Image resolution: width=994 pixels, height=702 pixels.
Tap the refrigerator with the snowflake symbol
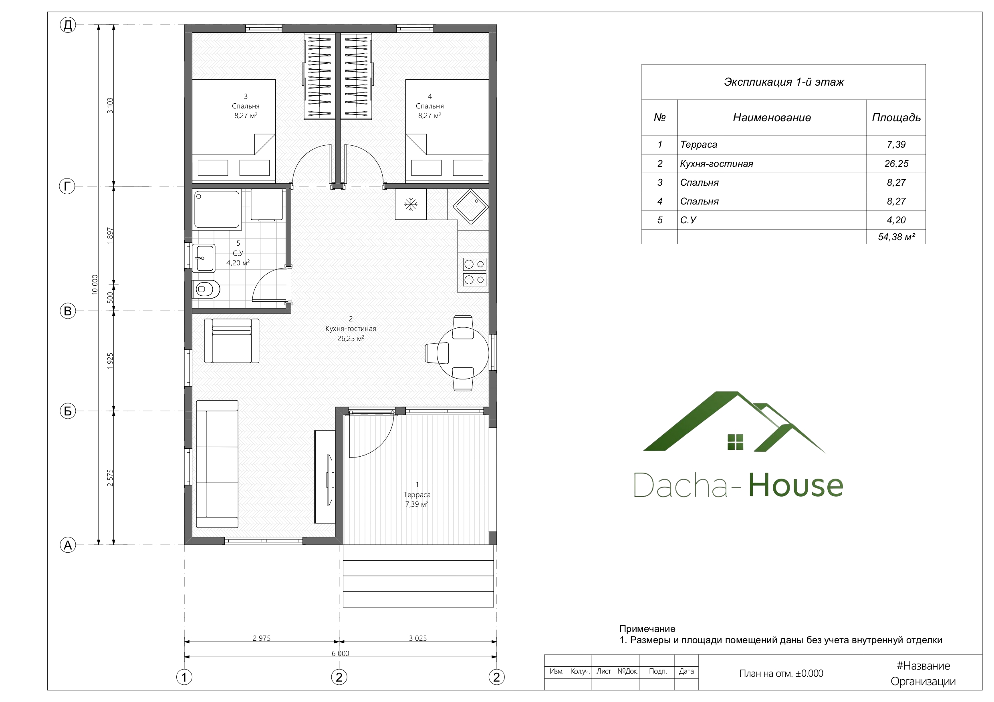[x=410, y=204]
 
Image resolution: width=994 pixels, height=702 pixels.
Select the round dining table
[x=462, y=353]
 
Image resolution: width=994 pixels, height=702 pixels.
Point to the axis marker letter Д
[x=68, y=25]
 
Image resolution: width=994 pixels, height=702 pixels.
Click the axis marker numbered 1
[x=184, y=677]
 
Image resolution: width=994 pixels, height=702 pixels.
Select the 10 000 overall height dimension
[x=95, y=285]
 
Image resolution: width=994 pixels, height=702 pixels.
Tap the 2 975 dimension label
[x=262, y=638]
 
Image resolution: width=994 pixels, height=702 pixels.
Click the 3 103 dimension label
[x=110, y=106]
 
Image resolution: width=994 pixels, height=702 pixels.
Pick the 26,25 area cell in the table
[x=896, y=164]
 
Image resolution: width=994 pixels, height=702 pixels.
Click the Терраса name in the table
[x=698, y=144]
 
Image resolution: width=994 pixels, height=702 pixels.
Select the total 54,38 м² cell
[x=896, y=237]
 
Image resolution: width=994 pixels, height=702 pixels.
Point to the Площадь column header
[x=896, y=117]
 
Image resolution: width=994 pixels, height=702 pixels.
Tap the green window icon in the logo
[x=735, y=442]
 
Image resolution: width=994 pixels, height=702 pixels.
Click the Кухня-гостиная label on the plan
[x=351, y=328]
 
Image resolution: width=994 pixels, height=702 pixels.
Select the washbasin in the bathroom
[x=205, y=258]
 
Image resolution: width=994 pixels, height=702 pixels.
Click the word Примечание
[x=647, y=628]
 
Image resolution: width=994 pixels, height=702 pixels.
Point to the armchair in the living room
[x=232, y=341]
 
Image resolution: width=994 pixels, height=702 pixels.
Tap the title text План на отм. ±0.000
[x=781, y=674]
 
